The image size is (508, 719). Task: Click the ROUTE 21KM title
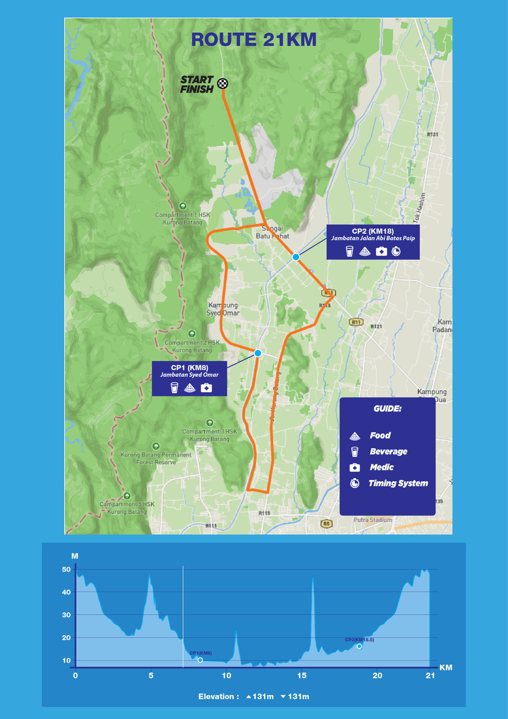pyautogui.click(x=253, y=40)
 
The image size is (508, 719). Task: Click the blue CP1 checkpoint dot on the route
pyautogui.click(x=258, y=353)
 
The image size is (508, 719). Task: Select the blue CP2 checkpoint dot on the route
pyautogui.click(x=296, y=257)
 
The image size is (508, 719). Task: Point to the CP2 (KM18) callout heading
pyautogui.click(x=373, y=231)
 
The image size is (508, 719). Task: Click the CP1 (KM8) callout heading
pyautogui.click(x=189, y=368)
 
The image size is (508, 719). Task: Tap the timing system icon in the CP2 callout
pyautogui.click(x=396, y=251)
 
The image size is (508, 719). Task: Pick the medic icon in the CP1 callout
pyautogui.click(x=206, y=387)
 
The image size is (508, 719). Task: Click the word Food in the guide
pyautogui.click(x=380, y=435)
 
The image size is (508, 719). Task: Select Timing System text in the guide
pyautogui.click(x=398, y=483)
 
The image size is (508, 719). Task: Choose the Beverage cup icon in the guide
pyautogui.click(x=354, y=451)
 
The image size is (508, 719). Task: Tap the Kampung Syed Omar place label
pyautogui.click(x=224, y=309)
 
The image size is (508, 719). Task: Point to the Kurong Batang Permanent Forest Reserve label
pyautogui.click(x=155, y=458)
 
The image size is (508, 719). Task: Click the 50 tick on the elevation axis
pyautogui.click(x=66, y=569)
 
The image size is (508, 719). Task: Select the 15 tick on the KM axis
pyautogui.click(x=302, y=676)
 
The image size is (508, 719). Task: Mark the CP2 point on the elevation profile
pyautogui.click(x=359, y=646)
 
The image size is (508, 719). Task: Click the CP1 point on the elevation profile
pyautogui.click(x=200, y=660)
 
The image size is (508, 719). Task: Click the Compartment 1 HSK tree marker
pyautogui.click(x=182, y=206)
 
